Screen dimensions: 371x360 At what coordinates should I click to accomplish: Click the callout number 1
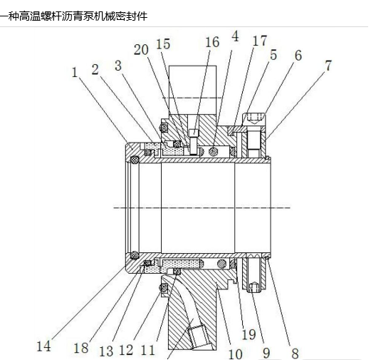click(x=75, y=73)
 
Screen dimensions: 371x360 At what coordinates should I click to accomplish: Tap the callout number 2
click(x=95, y=70)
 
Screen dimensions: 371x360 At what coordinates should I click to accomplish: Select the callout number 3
click(x=118, y=66)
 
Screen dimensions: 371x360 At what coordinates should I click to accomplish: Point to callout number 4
click(x=235, y=36)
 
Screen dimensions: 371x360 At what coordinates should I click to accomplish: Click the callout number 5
click(x=273, y=55)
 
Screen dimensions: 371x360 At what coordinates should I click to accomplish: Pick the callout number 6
click(x=298, y=56)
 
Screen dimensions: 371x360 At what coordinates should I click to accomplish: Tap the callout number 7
click(x=328, y=66)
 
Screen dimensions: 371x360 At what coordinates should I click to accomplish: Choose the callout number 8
click(x=295, y=354)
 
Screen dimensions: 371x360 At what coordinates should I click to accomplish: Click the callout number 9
click(x=266, y=353)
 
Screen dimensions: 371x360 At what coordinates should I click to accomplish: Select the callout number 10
click(x=235, y=354)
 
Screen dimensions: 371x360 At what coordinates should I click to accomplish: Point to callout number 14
click(x=44, y=346)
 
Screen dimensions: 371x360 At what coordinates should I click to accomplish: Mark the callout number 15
click(x=163, y=44)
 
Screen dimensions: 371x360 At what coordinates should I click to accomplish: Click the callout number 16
click(x=212, y=42)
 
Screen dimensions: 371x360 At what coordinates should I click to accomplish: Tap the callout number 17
click(x=260, y=41)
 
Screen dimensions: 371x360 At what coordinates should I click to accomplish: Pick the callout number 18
click(x=81, y=348)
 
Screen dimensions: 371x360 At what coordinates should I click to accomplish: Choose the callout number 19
click(x=249, y=334)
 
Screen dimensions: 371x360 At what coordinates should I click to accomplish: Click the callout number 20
click(x=141, y=50)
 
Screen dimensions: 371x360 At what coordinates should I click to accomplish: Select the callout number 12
click(x=126, y=350)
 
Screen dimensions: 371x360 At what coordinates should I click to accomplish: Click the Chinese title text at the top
click(x=74, y=16)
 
